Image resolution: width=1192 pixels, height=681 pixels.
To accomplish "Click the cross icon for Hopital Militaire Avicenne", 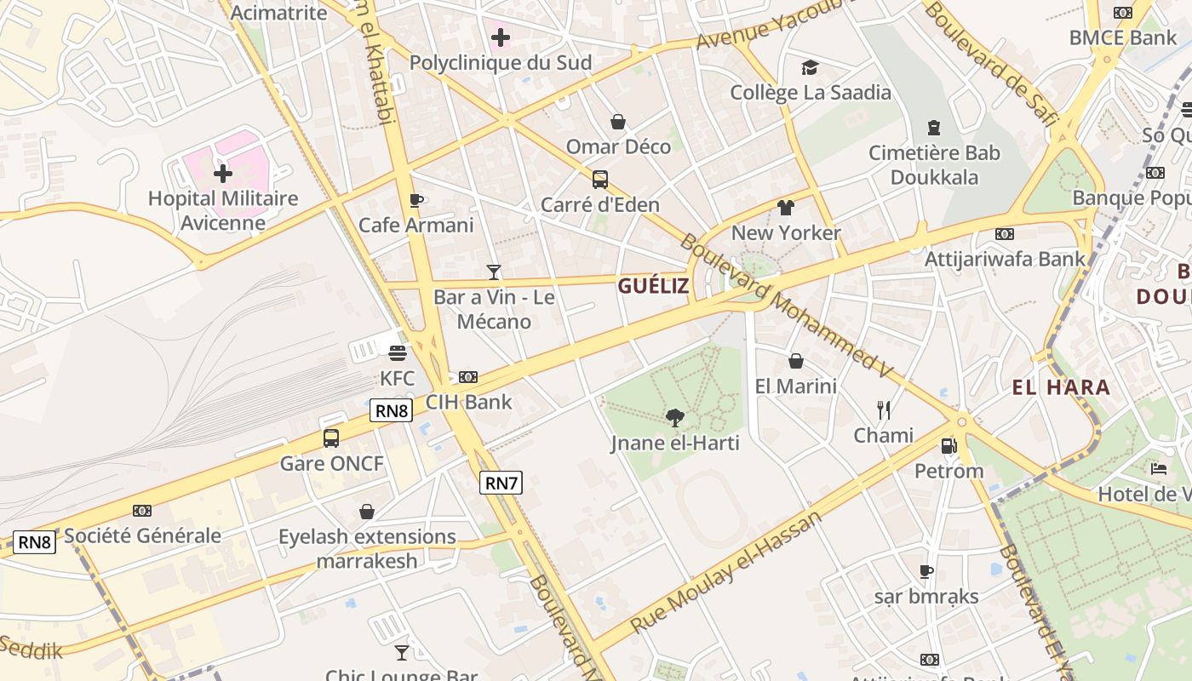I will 223,174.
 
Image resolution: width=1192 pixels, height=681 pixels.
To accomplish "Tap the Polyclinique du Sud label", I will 500,63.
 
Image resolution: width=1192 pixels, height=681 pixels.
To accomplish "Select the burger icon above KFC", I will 397,352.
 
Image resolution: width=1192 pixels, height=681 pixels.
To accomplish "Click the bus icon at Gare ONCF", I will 331,438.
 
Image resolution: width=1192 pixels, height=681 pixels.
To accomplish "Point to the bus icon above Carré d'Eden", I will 600,180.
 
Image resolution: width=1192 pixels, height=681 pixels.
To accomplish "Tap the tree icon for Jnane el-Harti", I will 675,417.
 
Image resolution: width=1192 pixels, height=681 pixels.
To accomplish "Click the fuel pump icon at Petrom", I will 948,445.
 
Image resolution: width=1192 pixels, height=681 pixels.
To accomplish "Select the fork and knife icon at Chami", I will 884,410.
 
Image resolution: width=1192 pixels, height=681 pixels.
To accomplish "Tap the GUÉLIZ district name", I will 653,286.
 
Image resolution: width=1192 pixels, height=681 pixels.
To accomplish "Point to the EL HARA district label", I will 1061,388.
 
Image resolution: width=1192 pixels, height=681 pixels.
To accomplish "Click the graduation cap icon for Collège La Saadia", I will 810,67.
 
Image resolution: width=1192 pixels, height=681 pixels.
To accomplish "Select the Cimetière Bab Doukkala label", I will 934,165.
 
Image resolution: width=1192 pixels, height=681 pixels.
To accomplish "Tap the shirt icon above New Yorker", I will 785,208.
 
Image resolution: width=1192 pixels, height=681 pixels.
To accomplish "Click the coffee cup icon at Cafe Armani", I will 415,200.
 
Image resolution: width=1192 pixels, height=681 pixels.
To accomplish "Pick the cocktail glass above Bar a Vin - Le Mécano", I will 494,272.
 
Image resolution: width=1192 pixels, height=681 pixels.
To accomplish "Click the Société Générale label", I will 142,535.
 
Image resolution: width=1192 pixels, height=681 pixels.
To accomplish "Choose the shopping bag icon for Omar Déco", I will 618,122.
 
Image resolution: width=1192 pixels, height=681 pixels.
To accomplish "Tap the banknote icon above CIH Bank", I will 468,377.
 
